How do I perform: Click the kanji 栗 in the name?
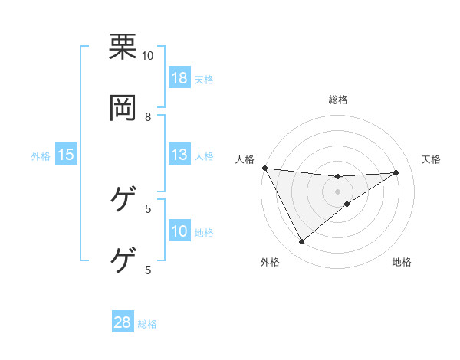(x=123, y=47)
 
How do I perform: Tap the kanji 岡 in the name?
(x=123, y=108)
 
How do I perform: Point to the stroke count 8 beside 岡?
(x=148, y=116)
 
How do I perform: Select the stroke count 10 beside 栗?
(x=148, y=55)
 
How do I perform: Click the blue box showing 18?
(x=179, y=78)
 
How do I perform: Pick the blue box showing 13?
(x=179, y=155)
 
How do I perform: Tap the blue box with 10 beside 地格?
(x=179, y=232)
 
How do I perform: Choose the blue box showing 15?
(x=66, y=155)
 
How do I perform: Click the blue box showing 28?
(x=123, y=322)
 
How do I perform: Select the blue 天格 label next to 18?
(x=204, y=80)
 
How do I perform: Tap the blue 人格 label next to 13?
(x=204, y=156)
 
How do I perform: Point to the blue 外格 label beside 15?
(x=41, y=156)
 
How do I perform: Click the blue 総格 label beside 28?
(x=147, y=324)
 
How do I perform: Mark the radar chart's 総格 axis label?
(x=337, y=100)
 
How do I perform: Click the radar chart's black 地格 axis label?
(x=402, y=263)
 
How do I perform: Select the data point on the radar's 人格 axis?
(x=264, y=168)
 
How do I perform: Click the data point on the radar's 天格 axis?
(x=396, y=172)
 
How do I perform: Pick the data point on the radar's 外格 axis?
(x=301, y=242)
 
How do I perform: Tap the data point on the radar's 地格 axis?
(x=347, y=204)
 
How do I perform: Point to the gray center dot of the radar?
(x=337, y=191)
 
